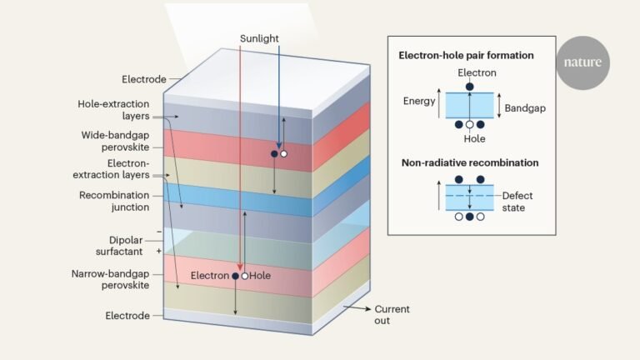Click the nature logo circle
(x=583, y=62)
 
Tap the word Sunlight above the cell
(x=259, y=38)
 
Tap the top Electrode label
(x=126, y=79)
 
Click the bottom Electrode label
(x=127, y=316)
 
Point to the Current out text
(x=392, y=314)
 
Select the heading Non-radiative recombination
(x=467, y=162)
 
